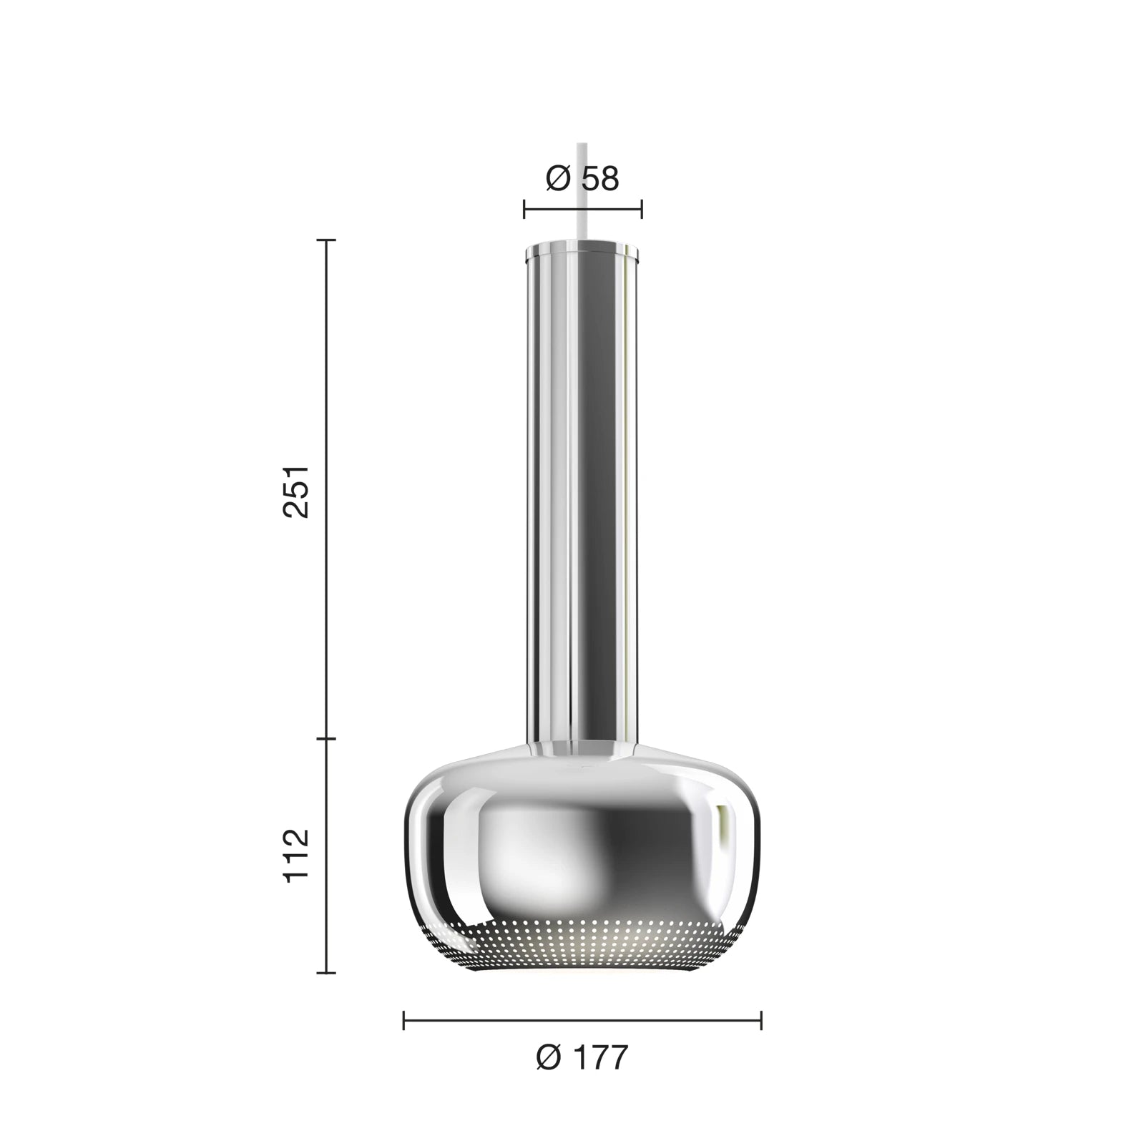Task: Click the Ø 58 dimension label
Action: [x=582, y=179]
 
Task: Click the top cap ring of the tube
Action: [x=582, y=250]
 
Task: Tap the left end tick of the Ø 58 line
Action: [x=524, y=210]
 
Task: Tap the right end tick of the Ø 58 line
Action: [x=641, y=210]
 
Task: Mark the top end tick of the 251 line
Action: [x=326, y=241]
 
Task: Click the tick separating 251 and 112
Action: [x=326, y=738]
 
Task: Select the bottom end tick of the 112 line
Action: [x=326, y=973]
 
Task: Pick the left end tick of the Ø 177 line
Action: [x=404, y=1021]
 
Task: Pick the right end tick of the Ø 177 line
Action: [x=761, y=1021]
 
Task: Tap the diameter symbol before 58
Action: [x=558, y=179]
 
